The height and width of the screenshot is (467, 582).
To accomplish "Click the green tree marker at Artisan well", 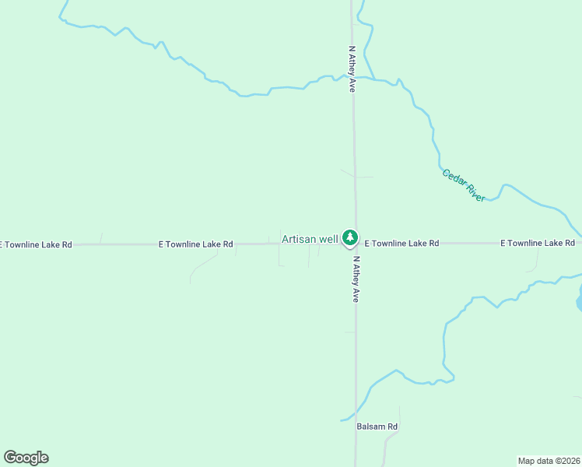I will click(x=350, y=237).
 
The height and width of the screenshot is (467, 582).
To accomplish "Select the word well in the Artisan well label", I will click(x=329, y=238).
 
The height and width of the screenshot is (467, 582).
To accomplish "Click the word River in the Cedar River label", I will click(x=475, y=193).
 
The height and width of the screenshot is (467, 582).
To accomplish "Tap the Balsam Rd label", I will click(x=377, y=427).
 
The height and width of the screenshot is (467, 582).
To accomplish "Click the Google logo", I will click(x=26, y=458).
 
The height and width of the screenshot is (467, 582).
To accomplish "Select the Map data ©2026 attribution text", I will click(x=549, y=460).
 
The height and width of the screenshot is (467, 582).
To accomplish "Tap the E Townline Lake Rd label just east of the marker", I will click(x=401, y=244).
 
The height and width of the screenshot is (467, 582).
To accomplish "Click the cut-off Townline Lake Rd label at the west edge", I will click(x=36, y=244).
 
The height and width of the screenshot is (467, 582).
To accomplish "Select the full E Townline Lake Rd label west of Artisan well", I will click(x=195, y=244).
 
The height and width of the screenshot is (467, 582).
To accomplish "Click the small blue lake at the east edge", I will click(x=579, y=297).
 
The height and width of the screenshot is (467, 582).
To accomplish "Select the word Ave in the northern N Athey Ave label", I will click(x=352, y=85).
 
